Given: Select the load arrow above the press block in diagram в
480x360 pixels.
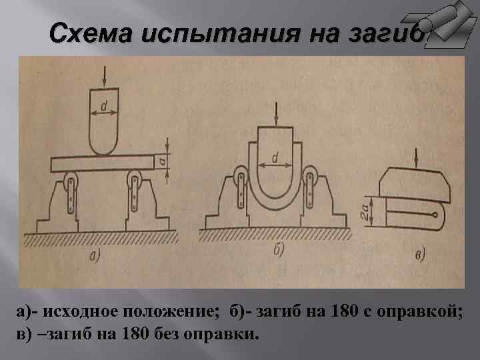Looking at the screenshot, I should tap(416, 157).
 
